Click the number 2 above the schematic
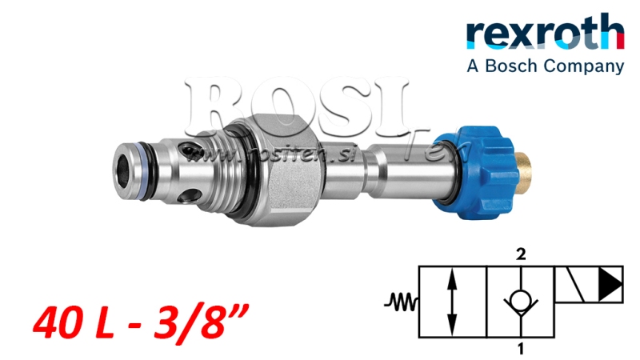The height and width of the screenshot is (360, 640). click(x=521, y=255)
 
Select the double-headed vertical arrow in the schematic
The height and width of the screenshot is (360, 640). click(x=454, y=302)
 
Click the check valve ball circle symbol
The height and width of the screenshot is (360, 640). click(x=522, y=302)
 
